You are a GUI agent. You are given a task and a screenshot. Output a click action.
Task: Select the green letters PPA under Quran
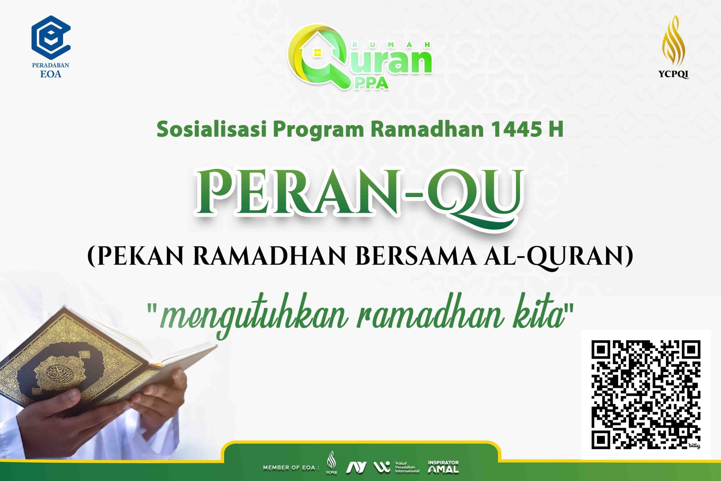pos(371,83)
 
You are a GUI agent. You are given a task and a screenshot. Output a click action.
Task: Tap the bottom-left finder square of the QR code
pos(600,439)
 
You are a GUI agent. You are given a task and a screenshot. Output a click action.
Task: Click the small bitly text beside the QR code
pos(694,446)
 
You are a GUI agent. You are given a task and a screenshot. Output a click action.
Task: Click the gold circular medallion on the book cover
pos(58,373)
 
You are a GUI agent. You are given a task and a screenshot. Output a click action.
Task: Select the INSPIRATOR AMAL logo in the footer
pos(443,467)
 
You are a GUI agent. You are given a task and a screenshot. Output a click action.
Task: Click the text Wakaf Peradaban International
pos(407,467)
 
